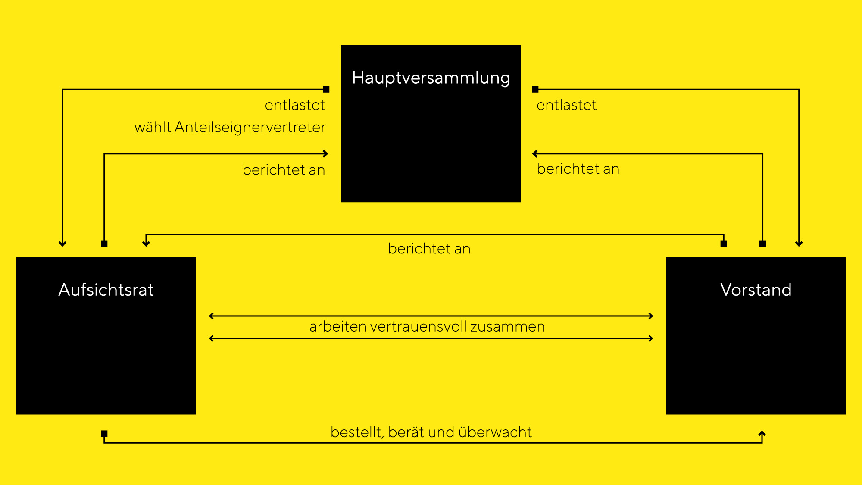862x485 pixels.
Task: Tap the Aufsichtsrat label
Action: pyautogui.click(x=106, y=290)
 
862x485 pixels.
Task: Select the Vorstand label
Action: pyautogui.click(x=756, y=290)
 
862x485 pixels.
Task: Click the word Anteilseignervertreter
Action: pyautogui.click(x=250, y=127)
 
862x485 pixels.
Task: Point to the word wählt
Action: pyautogui.click(x=153, y=127)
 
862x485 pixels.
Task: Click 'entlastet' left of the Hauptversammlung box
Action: pyautogui.click(x=295, y=105)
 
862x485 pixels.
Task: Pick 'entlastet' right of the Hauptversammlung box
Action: pyautogui.click(x=567, y=105)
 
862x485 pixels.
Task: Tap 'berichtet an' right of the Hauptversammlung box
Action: pyautogui.click(x=578, y=169)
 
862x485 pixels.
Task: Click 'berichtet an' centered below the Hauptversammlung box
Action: pyautogui.click(x=429, y=249)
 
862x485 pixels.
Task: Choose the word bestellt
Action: pyautogui.click(x=357, y=432)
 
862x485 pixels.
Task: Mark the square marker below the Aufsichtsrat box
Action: pyautogui.click(x=104, y=434)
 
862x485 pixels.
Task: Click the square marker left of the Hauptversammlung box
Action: pyautogui.click(x=326, y=89)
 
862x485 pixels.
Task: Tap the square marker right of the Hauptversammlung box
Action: pyautogui.click(x=535, y=89)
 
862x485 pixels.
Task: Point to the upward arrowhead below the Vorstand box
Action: pyautogui.click(x=762, y=433)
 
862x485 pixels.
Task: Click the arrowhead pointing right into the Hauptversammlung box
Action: pyautogui.click(x=326, y=153)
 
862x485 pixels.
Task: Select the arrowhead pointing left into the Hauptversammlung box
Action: pyautogui.click(x=535, y=153)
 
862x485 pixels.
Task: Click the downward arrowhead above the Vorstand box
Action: pyautogui.click(x=799, y=244)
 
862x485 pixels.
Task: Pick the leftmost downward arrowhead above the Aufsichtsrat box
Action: pyautogui.click(x=62, y=244)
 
